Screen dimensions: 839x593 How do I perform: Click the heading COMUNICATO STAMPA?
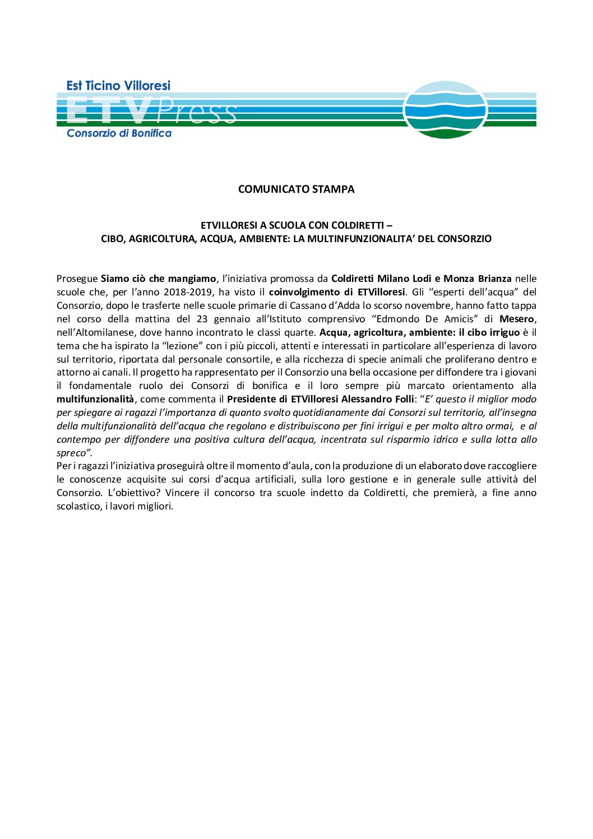(x=296, y=189)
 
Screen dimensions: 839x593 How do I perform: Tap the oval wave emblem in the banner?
(x=445, y=110)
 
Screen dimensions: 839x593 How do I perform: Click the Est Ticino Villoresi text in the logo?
(x=118, y=86)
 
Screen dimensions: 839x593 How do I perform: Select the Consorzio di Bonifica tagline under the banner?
(x=119, y=133)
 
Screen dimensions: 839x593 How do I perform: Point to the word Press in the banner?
(x=197, y=112)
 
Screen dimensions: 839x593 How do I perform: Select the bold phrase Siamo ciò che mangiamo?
(x=159, y=279)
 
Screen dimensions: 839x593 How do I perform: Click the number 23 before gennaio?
(x=203, y=319)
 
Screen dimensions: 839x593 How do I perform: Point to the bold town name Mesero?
(x=517, y=319)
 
